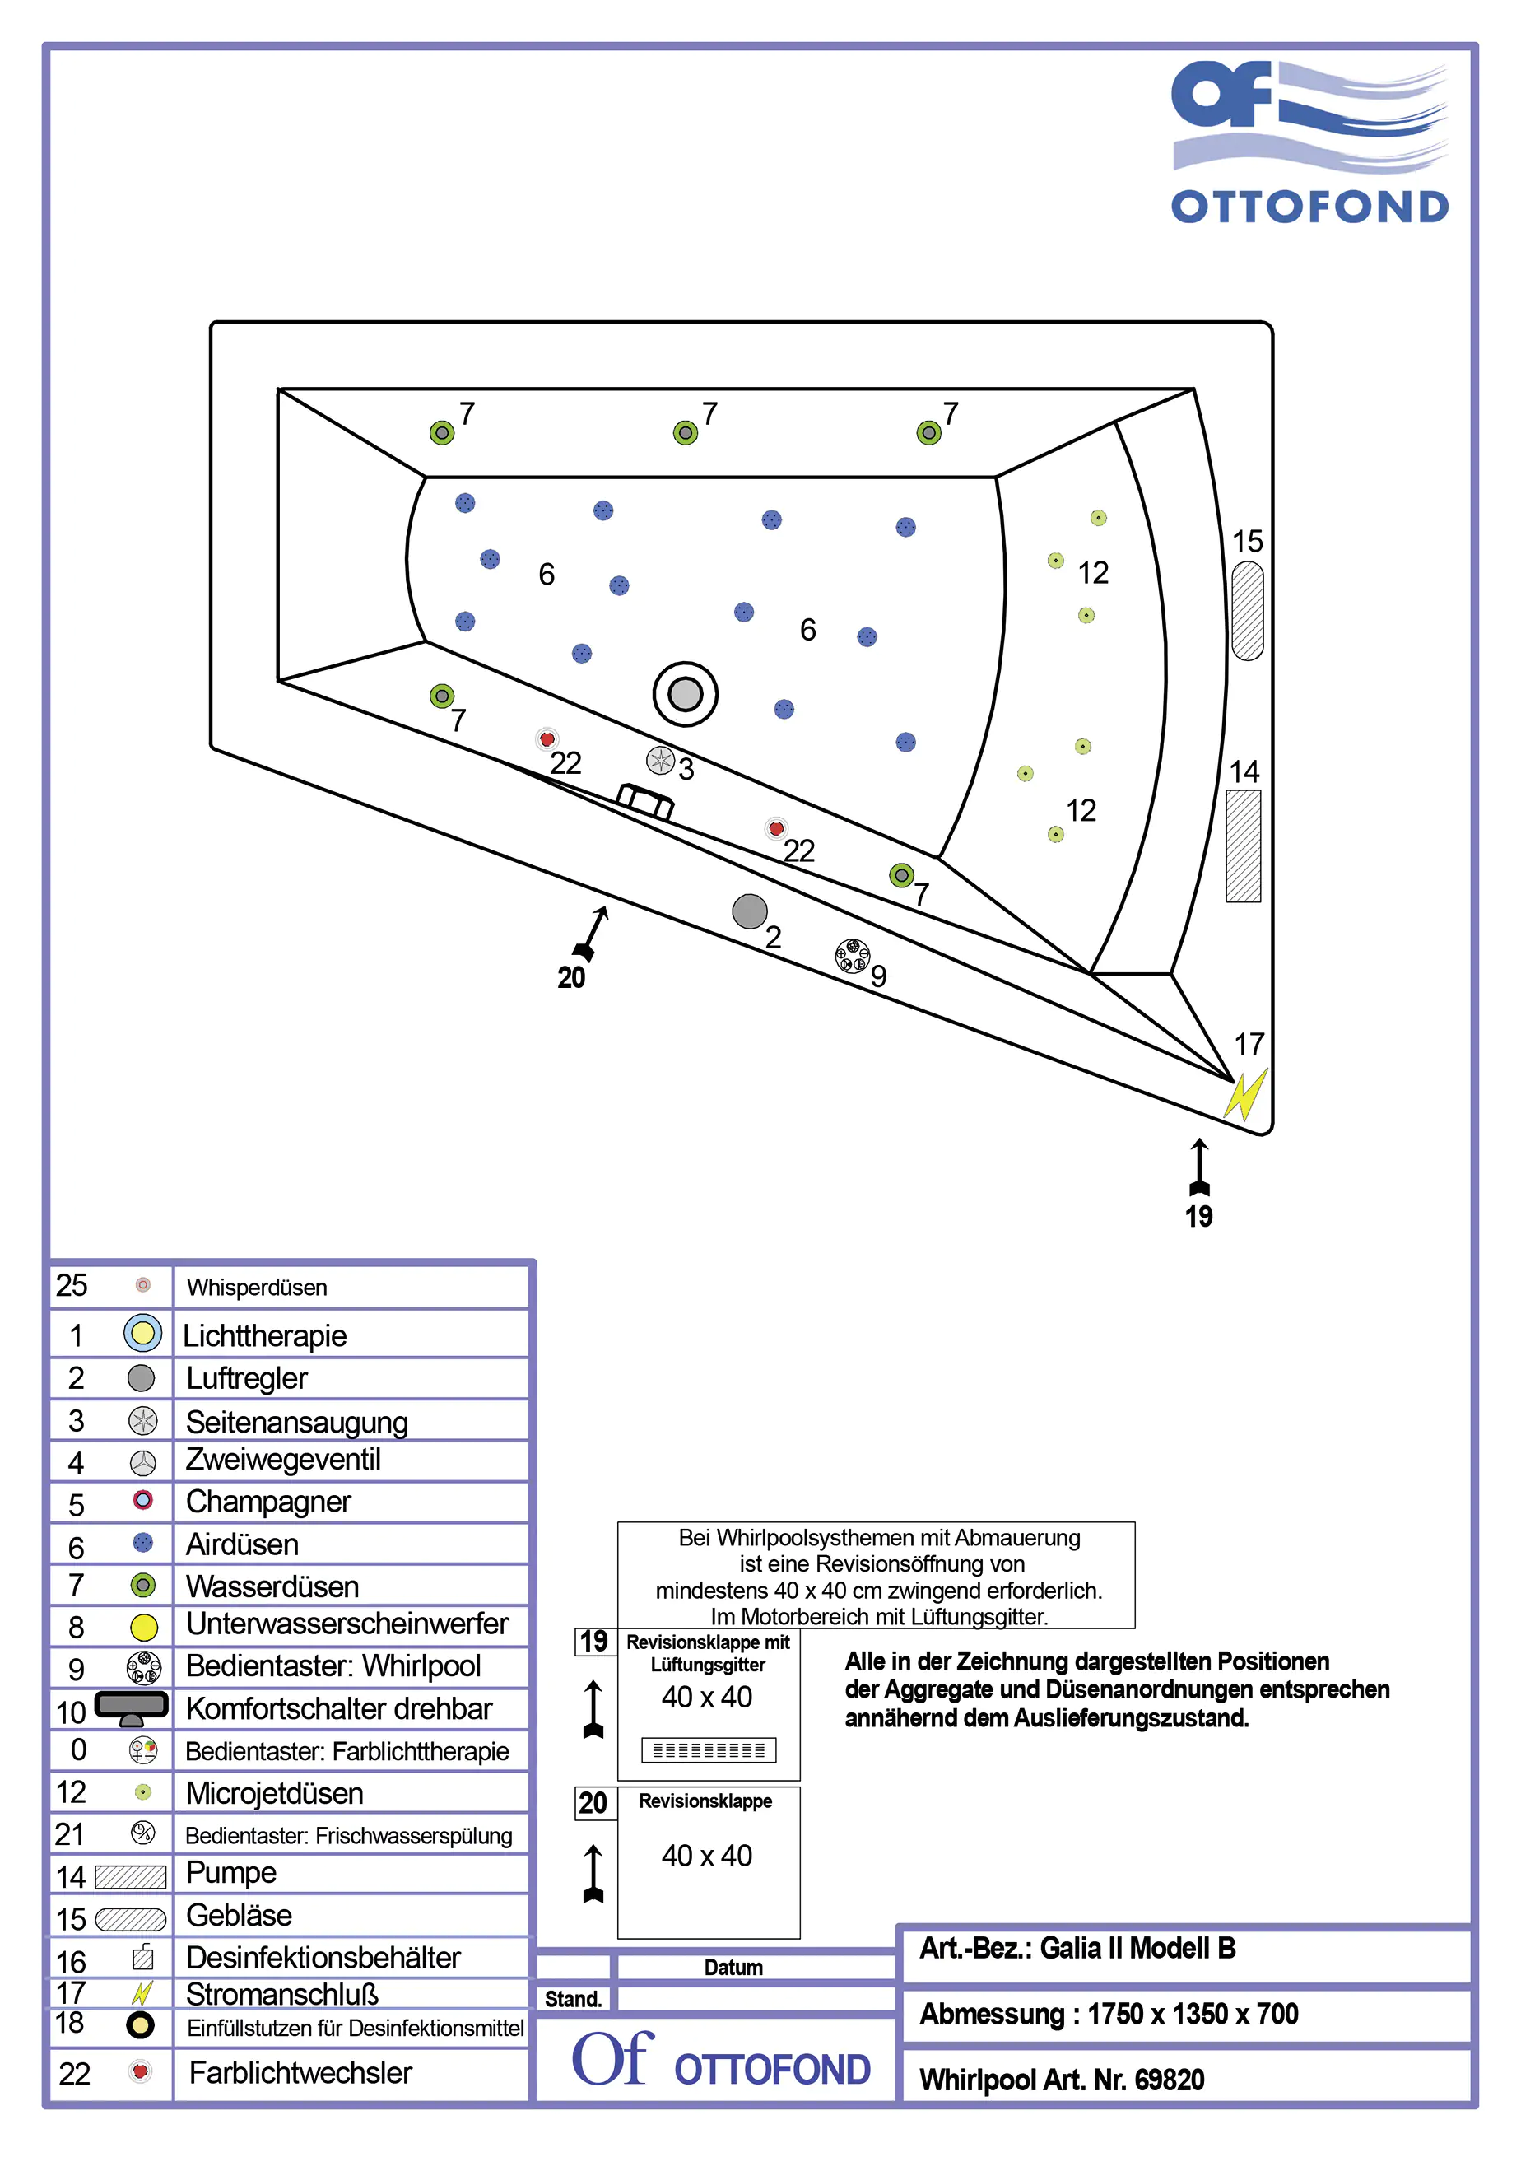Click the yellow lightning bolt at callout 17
click(1246, 1094)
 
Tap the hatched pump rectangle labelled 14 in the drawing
click(1242, 846)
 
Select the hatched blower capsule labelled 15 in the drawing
click(1247, 611)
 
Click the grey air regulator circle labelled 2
click(749, 911)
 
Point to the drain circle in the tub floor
click(685, 694)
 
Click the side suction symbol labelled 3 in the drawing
click(660, 760)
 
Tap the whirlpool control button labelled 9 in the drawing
click(852, 957)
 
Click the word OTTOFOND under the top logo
click(1309, 207)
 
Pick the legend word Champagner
click(267, 1502)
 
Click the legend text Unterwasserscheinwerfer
click(347, 1624)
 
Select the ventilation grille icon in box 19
click(709, 1749)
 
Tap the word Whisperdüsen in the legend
click(257, 1287)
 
